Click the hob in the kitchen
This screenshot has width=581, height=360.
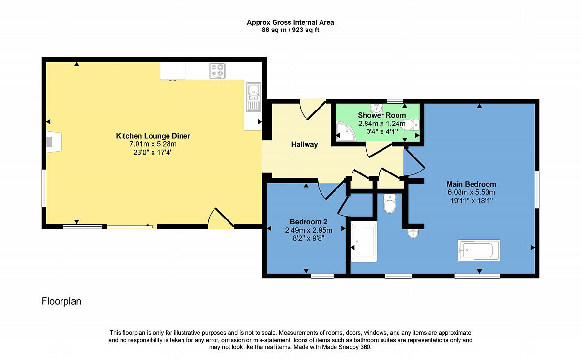pos(217,71)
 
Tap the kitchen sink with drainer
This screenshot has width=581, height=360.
pos(253,97)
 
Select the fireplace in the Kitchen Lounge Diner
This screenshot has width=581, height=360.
pos(54,141)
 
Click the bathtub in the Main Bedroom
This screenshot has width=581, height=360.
pos(478,250)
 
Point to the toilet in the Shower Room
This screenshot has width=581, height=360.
pos(410,125)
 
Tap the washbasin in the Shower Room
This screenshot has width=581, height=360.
pos(377,108)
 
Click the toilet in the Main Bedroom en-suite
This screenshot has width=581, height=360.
pos(390,203)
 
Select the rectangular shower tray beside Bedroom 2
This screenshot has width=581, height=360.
pos(364,241)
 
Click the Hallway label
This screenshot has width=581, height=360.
pos(305,144)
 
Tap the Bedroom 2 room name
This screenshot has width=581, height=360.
pos(308,222)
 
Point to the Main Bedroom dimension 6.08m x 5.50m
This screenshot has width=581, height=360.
pos(471,192)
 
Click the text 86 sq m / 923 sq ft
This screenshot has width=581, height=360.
pos(290,30)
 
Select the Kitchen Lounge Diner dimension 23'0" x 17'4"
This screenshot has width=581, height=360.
pos(153,152)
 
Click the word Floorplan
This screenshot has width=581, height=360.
pos(61,301)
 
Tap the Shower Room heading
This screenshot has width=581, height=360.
pos(382,115)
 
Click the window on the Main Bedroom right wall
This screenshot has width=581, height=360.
pos(537,189)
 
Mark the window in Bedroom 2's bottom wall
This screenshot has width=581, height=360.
pos(322,276)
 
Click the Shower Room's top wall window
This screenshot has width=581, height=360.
pos(395,101)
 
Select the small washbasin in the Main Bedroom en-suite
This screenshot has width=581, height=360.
pos(413,234)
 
